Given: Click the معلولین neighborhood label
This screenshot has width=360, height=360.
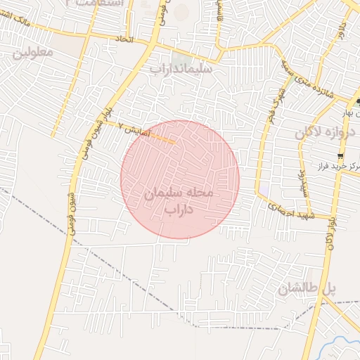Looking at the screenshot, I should pos(33,53).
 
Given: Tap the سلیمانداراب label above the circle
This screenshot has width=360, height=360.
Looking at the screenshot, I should pos(181,69).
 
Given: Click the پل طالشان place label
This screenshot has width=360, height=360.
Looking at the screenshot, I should pos(307,288).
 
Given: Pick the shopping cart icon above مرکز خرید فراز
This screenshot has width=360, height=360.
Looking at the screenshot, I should pos(341,156).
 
